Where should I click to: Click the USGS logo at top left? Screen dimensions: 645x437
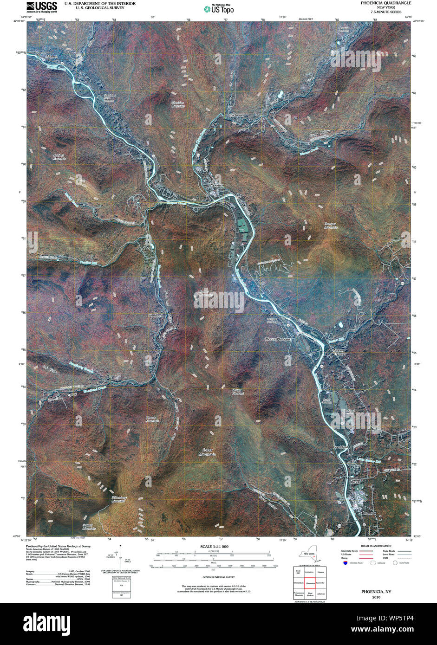pos(42,6)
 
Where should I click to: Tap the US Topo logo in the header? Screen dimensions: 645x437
pos(219,8)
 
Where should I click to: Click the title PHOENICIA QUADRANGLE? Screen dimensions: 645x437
pos(386,3)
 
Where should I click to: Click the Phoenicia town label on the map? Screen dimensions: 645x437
pos(216,185)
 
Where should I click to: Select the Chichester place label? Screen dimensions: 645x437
pos(235,115)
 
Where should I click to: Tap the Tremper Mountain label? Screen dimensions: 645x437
pos(331,226)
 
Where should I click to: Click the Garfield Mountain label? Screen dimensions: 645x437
pos(59,156)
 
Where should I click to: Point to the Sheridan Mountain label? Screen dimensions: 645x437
pos(178,104)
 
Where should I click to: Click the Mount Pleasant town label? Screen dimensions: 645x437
pos(278,339)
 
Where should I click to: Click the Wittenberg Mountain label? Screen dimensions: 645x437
pos(118,499)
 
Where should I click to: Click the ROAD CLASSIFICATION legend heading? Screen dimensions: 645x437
pos(376,546)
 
